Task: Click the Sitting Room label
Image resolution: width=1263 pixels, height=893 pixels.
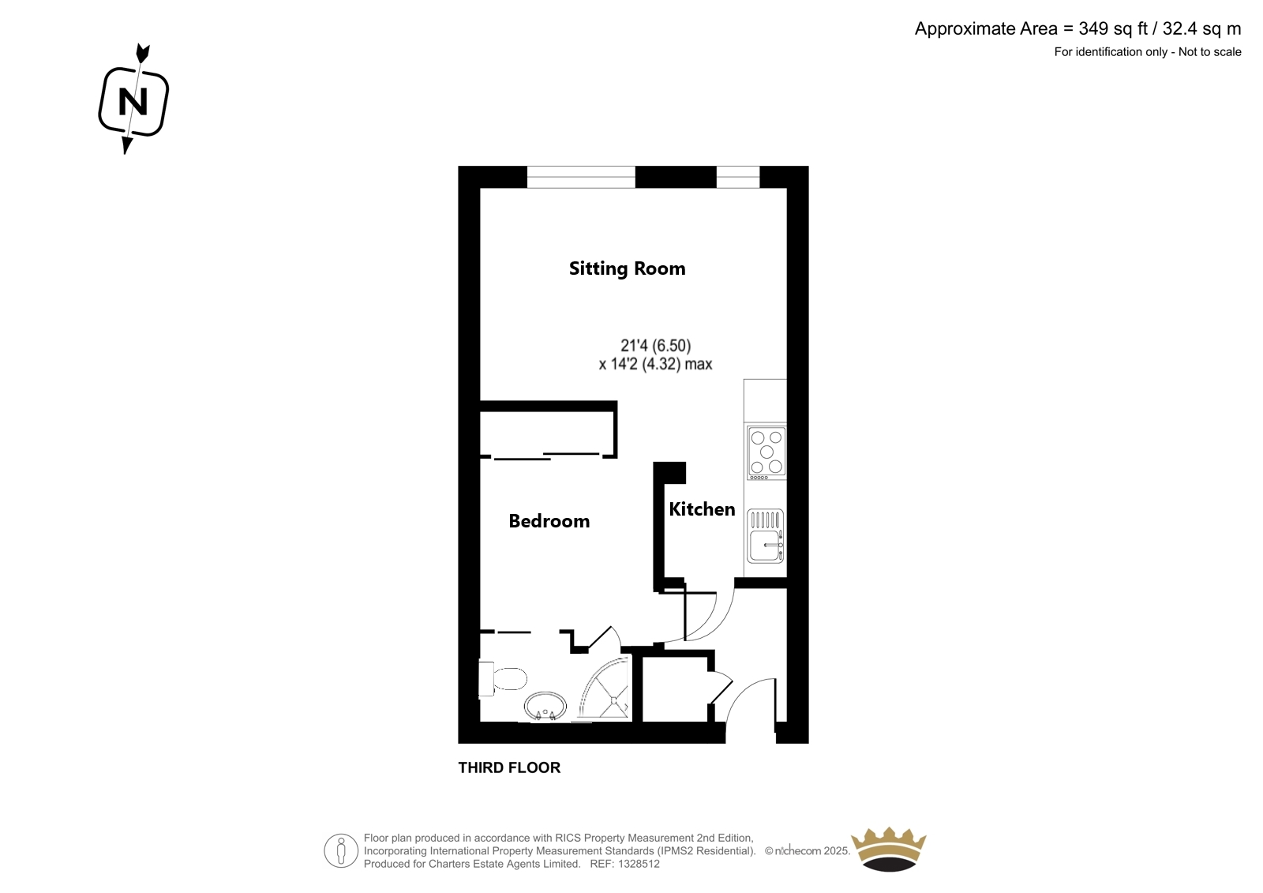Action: point(627,268)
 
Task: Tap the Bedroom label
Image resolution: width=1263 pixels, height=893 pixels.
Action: point(549,520)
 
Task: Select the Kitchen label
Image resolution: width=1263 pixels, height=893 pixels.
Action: point(702,509)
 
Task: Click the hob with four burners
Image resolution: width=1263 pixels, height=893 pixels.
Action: point(766,452)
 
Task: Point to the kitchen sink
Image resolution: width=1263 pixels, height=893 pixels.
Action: point(765,536)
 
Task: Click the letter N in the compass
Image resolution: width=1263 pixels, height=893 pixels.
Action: point(133,102)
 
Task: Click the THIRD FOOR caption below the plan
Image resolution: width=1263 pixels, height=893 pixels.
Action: point(509,767)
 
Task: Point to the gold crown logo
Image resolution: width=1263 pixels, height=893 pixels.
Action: point(889,850)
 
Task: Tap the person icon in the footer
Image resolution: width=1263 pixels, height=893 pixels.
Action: point(340,850)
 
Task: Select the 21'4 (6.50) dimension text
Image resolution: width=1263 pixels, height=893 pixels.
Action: point(656,345)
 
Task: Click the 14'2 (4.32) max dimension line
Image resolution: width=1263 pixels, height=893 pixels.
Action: point(655,364)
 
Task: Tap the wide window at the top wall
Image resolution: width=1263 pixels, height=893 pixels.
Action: point(581,177)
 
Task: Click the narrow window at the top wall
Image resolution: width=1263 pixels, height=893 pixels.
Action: point(738,177)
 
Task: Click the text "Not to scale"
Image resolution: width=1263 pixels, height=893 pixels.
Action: point(1209,52)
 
